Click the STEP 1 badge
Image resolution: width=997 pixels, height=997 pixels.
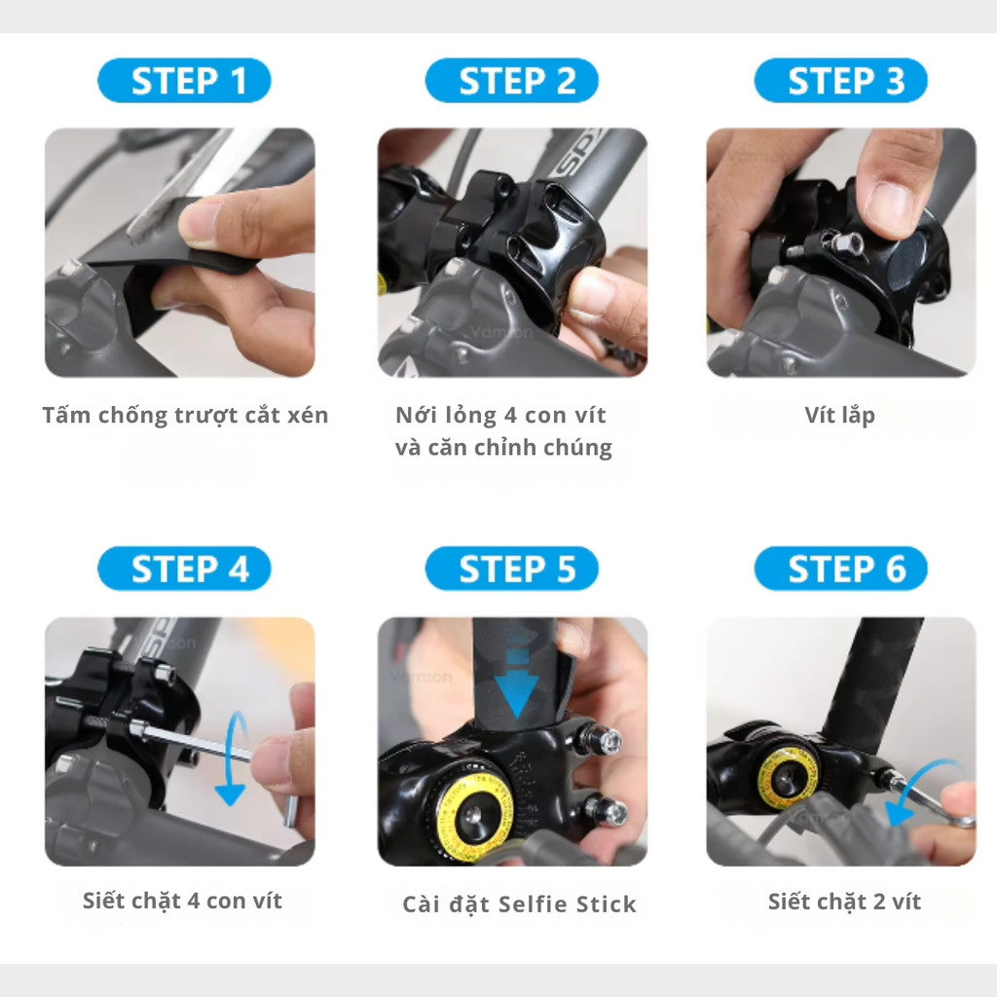pyautogui.click(x=184, y=81)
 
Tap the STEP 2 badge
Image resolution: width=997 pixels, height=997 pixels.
pyautogui.click(x=512, y=81)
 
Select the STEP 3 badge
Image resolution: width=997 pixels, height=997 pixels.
pyautogui.click(x=840, y=81)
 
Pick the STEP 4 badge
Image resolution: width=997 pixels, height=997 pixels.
pyautogui.click(x=184, y=569)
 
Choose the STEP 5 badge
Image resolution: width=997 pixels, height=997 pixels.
pyautogui.click(x=512, y=569)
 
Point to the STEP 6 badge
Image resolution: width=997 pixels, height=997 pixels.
pyautogui.click(x=840, y=569)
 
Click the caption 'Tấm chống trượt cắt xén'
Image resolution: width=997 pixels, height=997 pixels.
pyautogui.click(x=185, y=416)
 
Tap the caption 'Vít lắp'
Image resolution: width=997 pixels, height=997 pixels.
pyautogui.click(x=840, y=416)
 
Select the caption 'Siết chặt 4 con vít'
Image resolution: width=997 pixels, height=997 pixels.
pyautogui.click(x=182, y=901)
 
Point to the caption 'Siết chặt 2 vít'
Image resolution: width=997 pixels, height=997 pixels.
pyautogui.click(x=844, y=902)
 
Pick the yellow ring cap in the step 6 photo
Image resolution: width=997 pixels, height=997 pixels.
pyautogui.click(x=788, y=776)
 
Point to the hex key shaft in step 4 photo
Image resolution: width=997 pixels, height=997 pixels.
pyautogui.click(x=197, y=741)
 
